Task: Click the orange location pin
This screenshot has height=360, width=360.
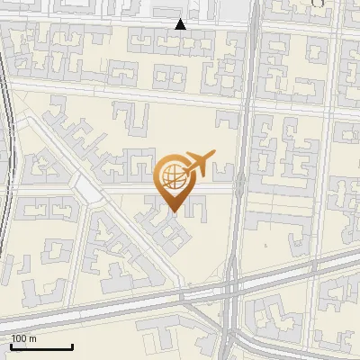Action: pyautogui.click(x=175, y=180)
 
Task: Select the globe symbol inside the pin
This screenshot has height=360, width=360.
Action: pyautogui.click(x=174, y=175)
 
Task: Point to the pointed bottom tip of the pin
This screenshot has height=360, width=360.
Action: pyautogui.click(x=175, y=211)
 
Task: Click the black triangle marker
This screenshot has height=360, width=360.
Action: pyautogui.click(x=181, y=24)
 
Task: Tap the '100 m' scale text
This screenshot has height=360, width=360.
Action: pyautogui.click(x=24, y=338)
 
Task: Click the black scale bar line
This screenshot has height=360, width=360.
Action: pyautogui.click(x=41, y=346)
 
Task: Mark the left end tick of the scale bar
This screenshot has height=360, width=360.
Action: pyautogui.click(x=11, y=345)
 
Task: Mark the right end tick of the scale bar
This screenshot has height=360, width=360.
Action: pyautogui.click(x=72, y=345)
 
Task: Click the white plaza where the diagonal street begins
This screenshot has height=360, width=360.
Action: pyautogui.click(x=88, y=189)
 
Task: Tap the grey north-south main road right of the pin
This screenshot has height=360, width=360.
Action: pyautogui.click(x=241, y=180)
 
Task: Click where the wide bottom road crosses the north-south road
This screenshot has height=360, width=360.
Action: pyautogui.click(x=232, y=286)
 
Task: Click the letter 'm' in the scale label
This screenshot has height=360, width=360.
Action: pyautogui.click(x=33, y=338)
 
